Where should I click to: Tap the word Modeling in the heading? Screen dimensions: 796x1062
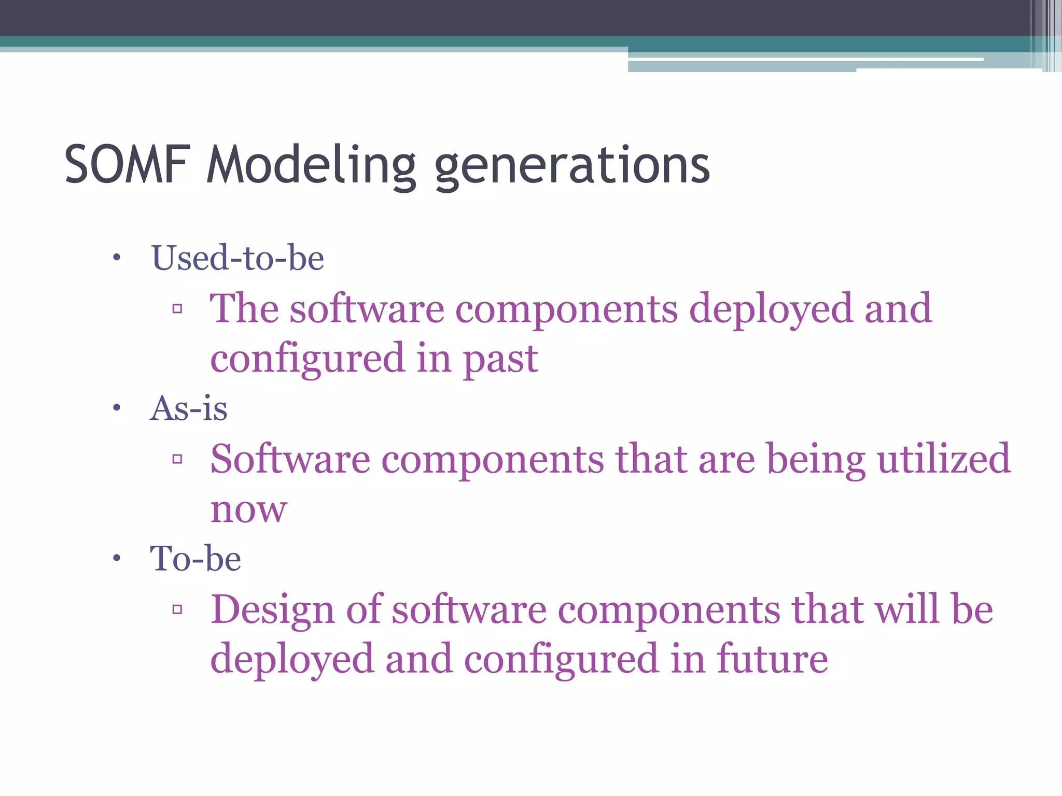(311, 165)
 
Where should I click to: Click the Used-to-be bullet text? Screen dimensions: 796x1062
(237, 258)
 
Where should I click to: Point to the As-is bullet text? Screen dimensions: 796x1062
(188, 408)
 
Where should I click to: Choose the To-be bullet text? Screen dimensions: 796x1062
(195, 559)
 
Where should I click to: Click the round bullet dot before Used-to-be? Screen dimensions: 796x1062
(117, 258)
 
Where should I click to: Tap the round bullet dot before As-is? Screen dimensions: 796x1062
(117, 408)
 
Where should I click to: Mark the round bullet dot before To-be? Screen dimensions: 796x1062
(117, 559)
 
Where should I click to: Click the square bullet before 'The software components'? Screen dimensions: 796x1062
(177, 309)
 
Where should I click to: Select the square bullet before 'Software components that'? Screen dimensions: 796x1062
(177, 459)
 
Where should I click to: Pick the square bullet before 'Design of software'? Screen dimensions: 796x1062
(177, 609)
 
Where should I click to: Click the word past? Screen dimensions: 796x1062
(500, 360)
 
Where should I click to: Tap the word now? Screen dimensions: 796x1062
(248, 509)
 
